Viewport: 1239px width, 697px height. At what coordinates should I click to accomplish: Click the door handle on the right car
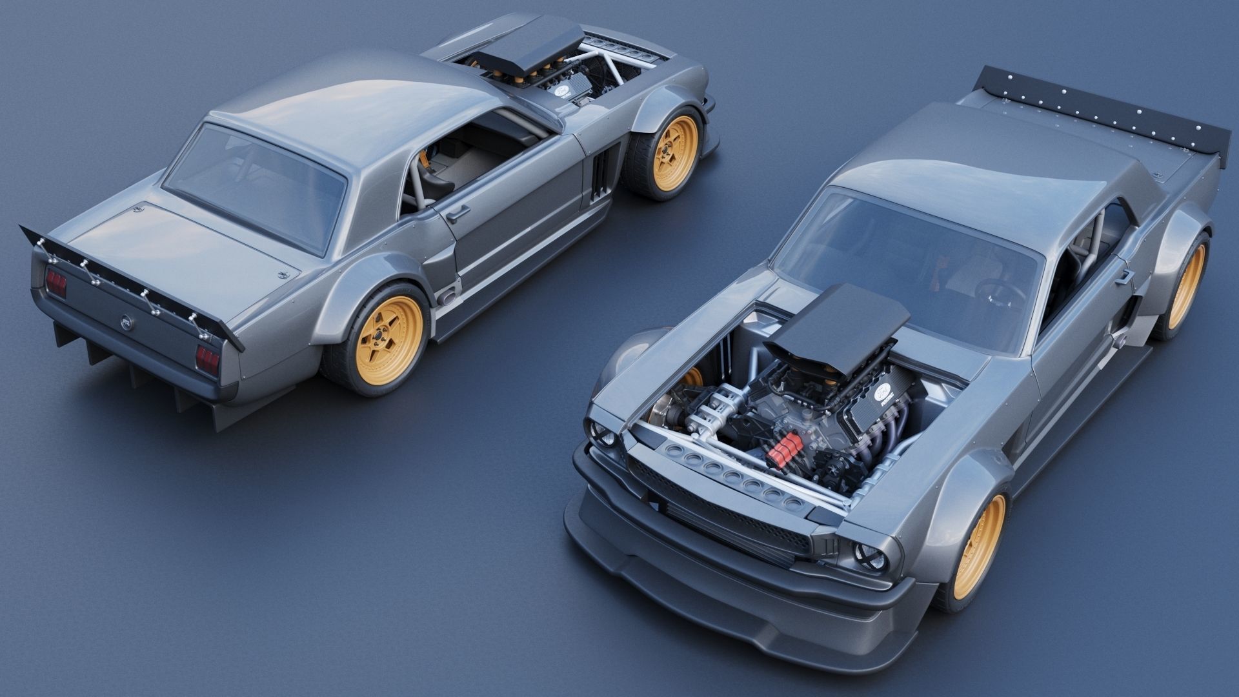1123,276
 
